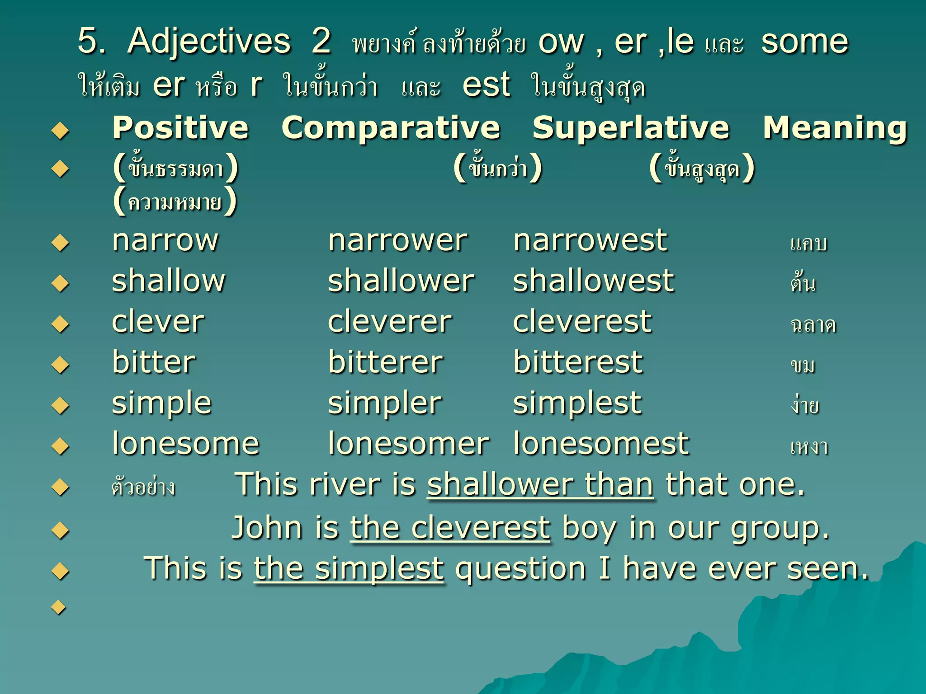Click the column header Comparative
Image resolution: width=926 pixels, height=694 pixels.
(391, 128)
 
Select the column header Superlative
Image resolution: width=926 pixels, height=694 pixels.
(631, 128)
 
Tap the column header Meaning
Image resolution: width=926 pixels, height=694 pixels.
(835, 128)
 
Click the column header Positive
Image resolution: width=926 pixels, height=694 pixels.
(180, 128)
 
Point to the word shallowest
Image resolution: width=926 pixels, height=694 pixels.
(593, 281)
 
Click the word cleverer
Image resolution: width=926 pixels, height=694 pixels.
(389, 322)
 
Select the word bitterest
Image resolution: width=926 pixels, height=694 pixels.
(577, 362)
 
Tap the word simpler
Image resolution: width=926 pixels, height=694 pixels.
(384, 403)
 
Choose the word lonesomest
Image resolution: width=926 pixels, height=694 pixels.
(601, 444)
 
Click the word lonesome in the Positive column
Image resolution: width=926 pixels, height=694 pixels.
(185, 444)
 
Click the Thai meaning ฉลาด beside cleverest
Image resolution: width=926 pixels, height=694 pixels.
(813, 324)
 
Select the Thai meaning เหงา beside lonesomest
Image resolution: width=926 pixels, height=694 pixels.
(809, 446)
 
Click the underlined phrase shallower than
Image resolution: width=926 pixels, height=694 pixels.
(540, 485)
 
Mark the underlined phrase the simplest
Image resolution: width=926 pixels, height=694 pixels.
(349, 568)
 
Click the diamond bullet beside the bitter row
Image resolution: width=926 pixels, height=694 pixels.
(60, 365)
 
